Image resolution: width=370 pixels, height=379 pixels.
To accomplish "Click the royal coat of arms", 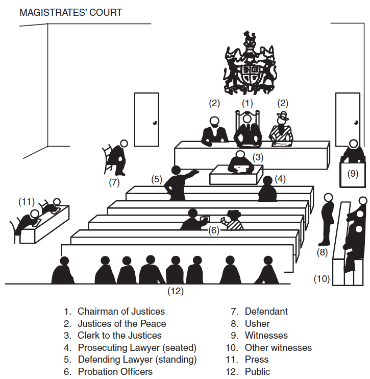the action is click(x=250, y=63).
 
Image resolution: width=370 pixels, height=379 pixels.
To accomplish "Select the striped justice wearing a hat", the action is click(x=281, y=129).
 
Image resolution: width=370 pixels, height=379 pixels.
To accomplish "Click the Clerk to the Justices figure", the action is click(x=241, y=162).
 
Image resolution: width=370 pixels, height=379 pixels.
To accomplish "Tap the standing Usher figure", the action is click(x=327, y=220).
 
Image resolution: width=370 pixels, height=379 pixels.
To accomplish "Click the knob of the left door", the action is click(x=155, y=123).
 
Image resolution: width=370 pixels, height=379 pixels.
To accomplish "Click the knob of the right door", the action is click(x=356, y=123).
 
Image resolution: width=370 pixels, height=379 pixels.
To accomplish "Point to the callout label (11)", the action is click(x=27, y=202).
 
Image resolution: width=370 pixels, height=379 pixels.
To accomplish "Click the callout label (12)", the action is click(x=176, y=291).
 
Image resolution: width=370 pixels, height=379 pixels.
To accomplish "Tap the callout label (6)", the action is click(x=214, y=230).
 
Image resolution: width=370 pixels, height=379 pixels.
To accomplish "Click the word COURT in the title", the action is click(x=106, y=13).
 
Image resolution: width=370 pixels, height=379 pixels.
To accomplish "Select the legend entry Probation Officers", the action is click(x=115, y=371).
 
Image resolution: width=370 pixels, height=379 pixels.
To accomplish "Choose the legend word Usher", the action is click(x=257, y=323).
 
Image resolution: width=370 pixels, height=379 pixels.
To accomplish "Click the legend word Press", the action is click(x=257, y=360).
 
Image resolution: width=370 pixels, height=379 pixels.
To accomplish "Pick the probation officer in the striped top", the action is click(x=233, y=220).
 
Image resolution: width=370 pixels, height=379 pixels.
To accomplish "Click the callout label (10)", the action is click(x=322, y=279).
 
